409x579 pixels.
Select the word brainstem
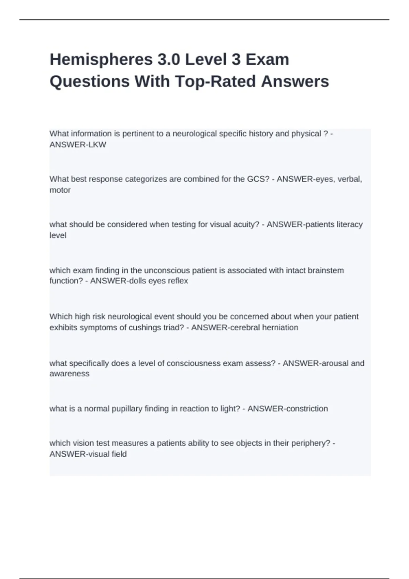click(x=326, y=270)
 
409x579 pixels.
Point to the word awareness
click(x=70, y=374)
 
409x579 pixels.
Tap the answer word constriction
click(x=308, y=409)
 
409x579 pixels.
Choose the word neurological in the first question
click(x=195, y=134)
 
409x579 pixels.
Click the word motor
click(x=60, y=190)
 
